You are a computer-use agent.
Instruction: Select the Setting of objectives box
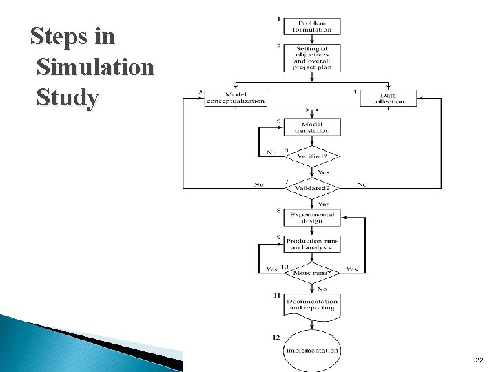coord(312,58)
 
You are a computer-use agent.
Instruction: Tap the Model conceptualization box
coord(236,98)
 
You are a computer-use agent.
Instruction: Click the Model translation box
coord(312,127)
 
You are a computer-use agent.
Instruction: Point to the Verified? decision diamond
coord(312,157)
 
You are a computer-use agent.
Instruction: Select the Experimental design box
coord(312,217)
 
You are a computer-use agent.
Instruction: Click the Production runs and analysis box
coord(312,245)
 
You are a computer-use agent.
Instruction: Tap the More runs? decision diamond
coord(312,273)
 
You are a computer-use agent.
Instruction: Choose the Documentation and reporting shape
coord(312,304)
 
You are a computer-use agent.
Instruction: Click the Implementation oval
coord(312,350)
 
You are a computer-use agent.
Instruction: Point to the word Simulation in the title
coord(96,68)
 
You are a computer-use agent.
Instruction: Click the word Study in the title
coord(67,97)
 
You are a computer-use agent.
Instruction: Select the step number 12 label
coord(276,337)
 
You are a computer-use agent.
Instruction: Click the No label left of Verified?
coord(272,152)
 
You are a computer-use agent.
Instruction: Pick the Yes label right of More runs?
coord(351,269)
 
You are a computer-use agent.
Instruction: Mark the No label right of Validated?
coord(362,185)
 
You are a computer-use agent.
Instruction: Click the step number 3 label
coord(200,92)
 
